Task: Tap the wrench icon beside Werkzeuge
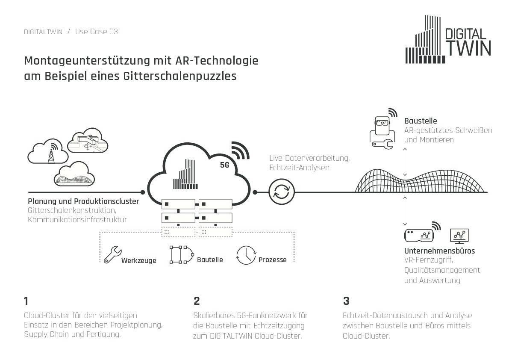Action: tap(112, 254)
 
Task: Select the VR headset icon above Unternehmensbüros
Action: tap(420, 235)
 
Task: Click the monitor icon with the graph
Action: tap(460, 235)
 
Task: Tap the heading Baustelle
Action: tap(421, 121)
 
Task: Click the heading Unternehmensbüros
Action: tap(439, 251)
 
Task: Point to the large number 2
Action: tap(197, 301)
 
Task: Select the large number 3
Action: tap(346, 301)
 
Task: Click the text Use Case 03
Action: tap(96, 32)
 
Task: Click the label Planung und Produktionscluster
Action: tap(83, 201)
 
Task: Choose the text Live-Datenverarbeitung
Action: tap(309, 158)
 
